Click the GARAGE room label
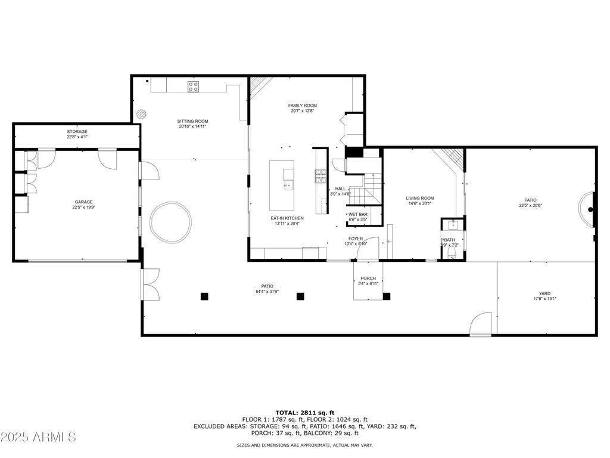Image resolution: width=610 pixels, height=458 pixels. click(83, 202)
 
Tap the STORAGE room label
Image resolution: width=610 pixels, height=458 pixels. click(77, 132)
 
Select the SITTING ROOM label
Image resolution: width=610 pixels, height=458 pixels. click(192, 121)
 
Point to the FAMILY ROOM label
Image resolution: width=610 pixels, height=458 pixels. click(302, 106)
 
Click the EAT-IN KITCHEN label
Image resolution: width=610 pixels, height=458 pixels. click(287, 218)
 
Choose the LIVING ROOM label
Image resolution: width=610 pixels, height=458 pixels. click(420, 198)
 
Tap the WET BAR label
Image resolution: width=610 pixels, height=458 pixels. click(358, 215)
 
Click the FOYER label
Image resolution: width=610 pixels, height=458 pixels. click(356, 239)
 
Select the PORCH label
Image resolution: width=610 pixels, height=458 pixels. click(368, 278)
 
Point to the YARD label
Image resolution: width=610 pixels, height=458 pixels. click(544, 293)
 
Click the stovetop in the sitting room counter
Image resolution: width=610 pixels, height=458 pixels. click(194, 86)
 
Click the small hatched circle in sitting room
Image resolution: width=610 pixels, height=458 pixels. click(141, 114)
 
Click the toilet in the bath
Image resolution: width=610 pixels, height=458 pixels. click(452, 254)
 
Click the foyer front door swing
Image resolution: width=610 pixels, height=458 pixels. click(368, 248)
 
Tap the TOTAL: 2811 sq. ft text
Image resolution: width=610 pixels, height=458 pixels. click(305, 413)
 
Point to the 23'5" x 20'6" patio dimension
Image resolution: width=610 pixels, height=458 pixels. click(530, 206)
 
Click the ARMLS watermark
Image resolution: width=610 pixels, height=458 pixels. click(38, 437)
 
